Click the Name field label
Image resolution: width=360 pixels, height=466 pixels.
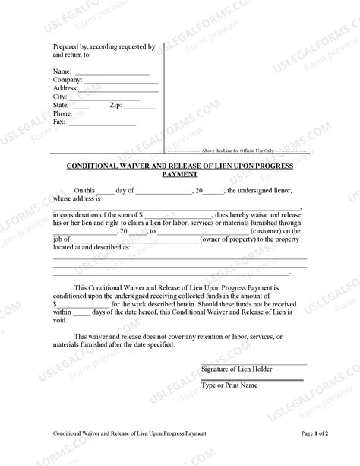[63, 71]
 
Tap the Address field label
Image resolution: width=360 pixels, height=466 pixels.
[68, 88]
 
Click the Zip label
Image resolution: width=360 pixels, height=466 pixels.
[116, 105]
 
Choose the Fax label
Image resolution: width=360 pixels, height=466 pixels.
[59, 122]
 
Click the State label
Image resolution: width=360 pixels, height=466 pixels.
[62, 105]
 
